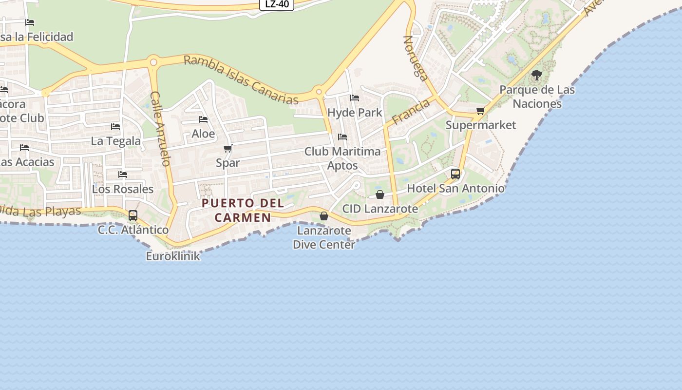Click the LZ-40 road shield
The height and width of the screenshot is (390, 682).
pyautogui.click(x=277, y=4)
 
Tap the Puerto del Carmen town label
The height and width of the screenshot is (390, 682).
pyautogui.click(x=243, y=210)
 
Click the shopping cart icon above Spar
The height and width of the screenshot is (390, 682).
pyautogui.click(x=227, y=148)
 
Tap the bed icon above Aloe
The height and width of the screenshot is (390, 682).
pyautogui.click(x=203, y=119)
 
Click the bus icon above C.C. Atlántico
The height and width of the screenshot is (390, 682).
pyautogui.click(x=133, y=215)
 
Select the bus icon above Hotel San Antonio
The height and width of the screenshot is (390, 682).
pyautogui.click(x=455, y=174)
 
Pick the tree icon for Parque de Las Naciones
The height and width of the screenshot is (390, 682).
pyautogui.click(x=536, y=75)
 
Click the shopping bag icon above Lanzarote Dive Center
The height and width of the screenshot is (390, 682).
pyautogui.click(x=324, y=216)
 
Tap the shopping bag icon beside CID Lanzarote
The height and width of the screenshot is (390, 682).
pyautogui.click(x=380, y=195)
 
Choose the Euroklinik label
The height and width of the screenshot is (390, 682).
pyautogui.click(x=173, y=256)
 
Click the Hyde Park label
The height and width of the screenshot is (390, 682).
pyautogui.click(x=355, y=113)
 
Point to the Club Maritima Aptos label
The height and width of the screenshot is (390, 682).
pyautogui.click(x=342, y=158)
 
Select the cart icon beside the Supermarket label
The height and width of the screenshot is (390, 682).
pyautogui.click(x=480, y=111)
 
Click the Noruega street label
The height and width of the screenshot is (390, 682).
pyautogui.click(x=416, y=58)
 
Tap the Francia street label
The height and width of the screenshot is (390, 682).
pyautogui.click(x=411, y=111)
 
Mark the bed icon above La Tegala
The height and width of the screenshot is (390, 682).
pyautogui.click(x=115, y=127)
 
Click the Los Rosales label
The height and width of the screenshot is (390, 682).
pyautogui.click(x=123, y=189)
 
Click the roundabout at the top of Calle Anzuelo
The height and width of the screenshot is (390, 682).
pyautogui.click(x=153, y=62)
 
